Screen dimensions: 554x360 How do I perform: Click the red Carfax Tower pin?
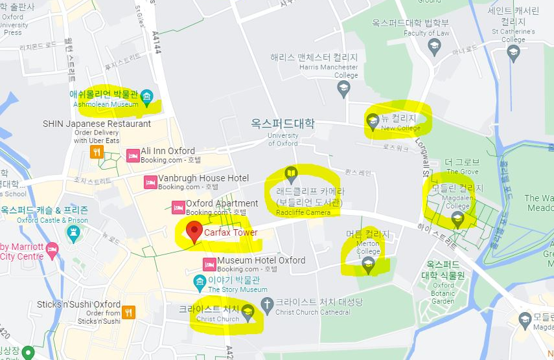point(194,232)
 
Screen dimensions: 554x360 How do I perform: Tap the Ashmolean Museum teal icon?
point(147,98)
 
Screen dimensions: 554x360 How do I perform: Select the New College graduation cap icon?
point(373,120)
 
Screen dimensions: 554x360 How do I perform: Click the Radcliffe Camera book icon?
point(292,174)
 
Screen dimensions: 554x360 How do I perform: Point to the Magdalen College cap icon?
point(458,220)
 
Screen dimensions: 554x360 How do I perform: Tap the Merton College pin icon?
point(368,262)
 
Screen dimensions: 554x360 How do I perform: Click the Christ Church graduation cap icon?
point(247,313)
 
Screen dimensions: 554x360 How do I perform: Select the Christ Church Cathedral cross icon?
point(266,304)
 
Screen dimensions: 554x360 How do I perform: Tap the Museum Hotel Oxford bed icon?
point(209,264)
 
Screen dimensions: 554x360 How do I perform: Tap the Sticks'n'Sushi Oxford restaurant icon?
point(129,311)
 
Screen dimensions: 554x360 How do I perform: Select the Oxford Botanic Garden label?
point(444,293)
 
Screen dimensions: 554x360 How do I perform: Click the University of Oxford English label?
point(283,139)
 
